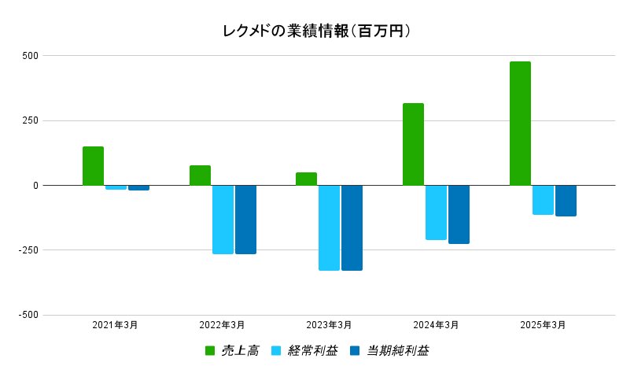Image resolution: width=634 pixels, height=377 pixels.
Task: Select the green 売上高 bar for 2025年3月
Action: pos(520,124)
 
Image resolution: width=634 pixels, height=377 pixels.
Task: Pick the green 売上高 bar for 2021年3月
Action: pos(93,166)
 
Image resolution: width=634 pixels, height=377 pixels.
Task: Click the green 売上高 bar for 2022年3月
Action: pos(200,176)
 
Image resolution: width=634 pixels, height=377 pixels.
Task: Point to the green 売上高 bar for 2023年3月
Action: pos(306,179)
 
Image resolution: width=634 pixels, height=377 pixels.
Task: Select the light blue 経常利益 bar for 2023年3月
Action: pos(329,227)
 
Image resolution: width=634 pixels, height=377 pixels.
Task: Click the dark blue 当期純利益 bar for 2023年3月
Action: pos(352,227)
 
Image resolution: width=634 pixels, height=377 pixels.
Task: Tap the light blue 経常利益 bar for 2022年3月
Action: pos(223,220)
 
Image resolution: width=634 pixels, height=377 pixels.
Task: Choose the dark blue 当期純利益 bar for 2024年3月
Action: pos(459,214)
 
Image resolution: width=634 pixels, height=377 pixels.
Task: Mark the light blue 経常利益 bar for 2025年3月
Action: pos(543,200)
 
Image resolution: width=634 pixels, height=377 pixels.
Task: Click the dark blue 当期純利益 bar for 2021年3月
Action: pos(139,188)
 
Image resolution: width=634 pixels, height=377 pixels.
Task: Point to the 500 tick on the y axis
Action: pos(31,56)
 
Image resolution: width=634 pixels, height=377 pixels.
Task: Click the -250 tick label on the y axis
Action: pos(28,250)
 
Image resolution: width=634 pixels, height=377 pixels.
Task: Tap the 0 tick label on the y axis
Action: pos(35,186)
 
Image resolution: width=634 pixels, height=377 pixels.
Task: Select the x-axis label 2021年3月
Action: pos(115,325)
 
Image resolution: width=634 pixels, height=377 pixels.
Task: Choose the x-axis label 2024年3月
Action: pos(436,325)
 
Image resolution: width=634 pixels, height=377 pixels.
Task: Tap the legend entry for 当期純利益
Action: pos(389,351)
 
